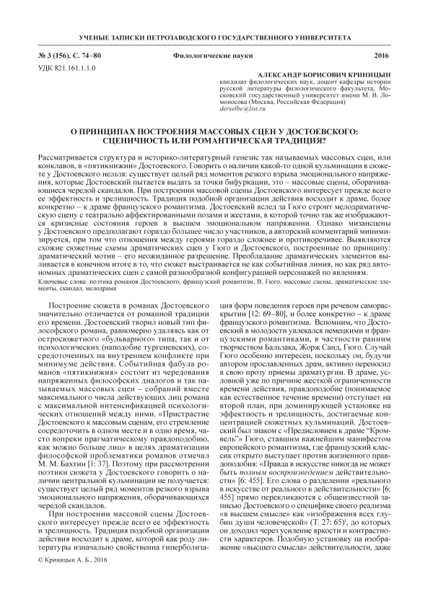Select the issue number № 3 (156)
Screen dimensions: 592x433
(x=53, y=56)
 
